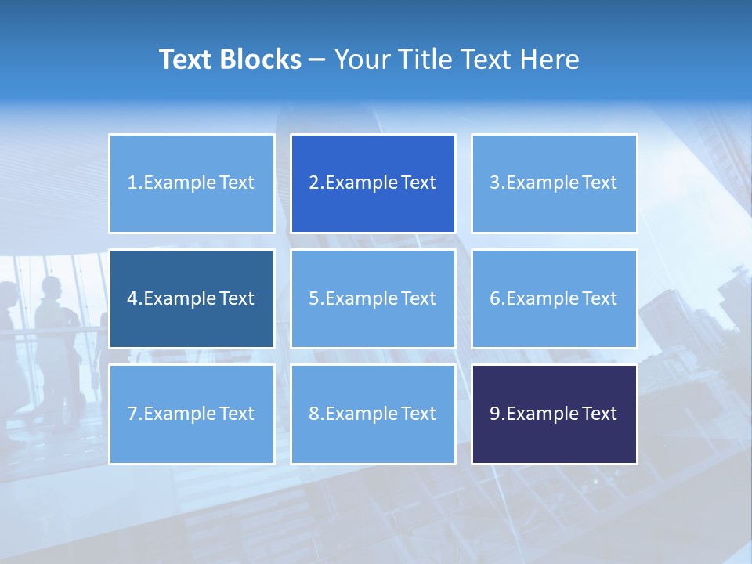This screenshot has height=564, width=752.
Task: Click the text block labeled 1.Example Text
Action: tap(191, 183)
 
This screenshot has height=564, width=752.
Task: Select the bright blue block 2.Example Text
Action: tap(373, 183)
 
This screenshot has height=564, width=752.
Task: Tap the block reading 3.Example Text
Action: tap(554, 183)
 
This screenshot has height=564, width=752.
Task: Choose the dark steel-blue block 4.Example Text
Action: tap(191, 298)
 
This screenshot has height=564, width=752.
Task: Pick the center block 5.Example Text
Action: tap(373, 298)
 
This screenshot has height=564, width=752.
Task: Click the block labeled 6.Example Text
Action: tap(554, 298)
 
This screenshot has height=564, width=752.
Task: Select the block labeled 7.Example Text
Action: tap(191, 414)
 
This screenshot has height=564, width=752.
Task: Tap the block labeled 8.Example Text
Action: tap(373, 414)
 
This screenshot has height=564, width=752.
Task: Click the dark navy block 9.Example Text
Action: tap(554, 414)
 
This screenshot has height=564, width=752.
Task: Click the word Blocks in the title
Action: tap(262, 60)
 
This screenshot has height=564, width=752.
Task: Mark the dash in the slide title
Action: tap(317, 60)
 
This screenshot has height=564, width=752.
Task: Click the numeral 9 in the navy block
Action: tap(495, 414)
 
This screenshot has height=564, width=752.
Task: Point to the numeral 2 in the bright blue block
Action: tap(314, 183)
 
